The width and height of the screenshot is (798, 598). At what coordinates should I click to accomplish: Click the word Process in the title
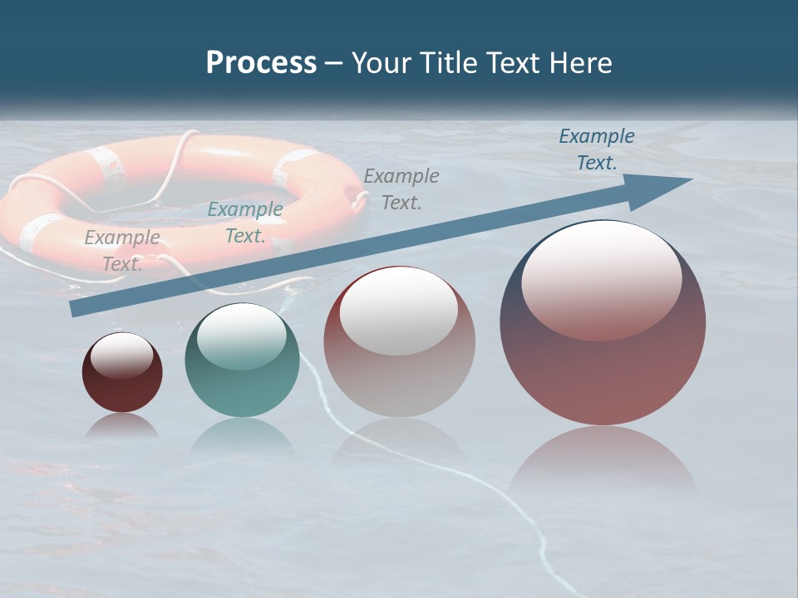point(261,62)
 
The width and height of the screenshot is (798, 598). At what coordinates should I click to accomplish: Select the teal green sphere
point(242,365)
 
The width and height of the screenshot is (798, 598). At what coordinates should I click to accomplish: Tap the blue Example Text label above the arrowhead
point(597,149)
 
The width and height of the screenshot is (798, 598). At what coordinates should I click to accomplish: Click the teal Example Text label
point(245,223)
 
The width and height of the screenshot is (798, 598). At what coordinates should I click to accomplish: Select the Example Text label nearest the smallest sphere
point(122,250)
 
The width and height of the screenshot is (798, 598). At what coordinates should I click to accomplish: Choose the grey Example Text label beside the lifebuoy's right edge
point(401,189)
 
